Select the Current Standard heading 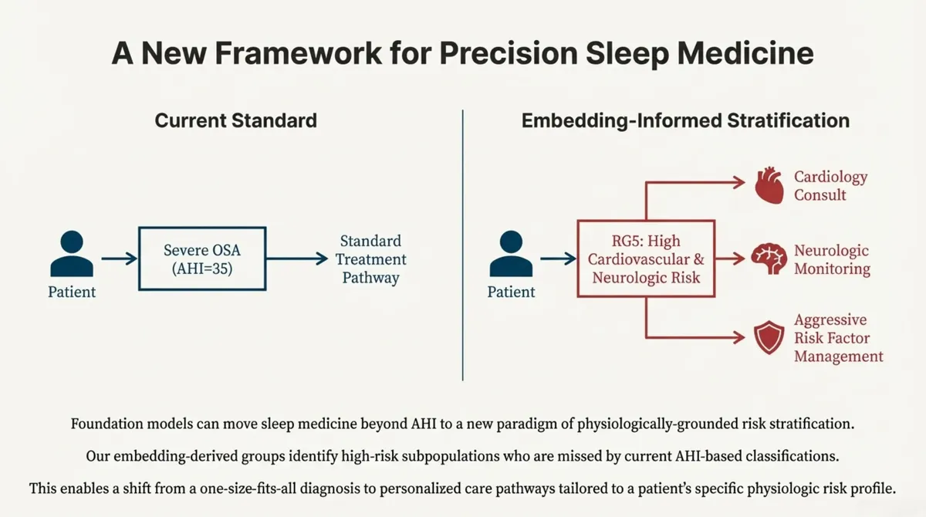click(235, 120)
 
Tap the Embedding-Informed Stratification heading click(685, 120)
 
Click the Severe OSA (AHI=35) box click(203, 258)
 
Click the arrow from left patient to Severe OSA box click(118, 258)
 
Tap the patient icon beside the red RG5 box click(511, 254)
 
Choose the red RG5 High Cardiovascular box click(646, 258)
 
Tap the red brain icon click(769, 259)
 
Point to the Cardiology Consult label click(830, 186)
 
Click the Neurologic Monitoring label click(832, 260)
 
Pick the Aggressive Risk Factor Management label click(838, 338)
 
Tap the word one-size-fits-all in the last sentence click(272, 488)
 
